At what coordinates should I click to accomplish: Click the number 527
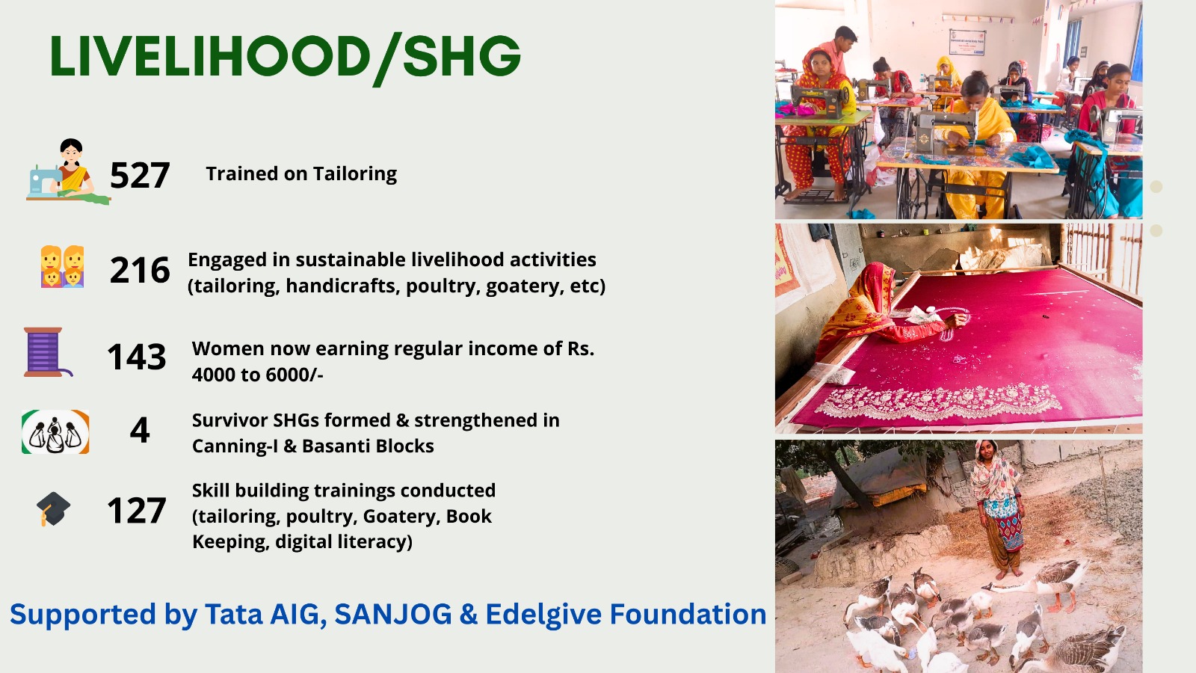click(140, 175)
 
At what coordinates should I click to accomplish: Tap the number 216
click(140, 270)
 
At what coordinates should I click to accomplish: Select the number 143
click(137, 356)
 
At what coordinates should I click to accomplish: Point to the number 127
click(137, 510)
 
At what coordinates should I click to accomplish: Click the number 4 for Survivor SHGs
click(140, 430)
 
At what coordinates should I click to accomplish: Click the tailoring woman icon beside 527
click(68, 171)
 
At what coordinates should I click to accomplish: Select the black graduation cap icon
click(53, 508)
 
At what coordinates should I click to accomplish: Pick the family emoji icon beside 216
click(63, 266)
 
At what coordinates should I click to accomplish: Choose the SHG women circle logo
click(55, 431)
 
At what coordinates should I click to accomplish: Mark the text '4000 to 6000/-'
click(257, 375)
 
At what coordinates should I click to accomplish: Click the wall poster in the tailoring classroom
click(967, 42)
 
